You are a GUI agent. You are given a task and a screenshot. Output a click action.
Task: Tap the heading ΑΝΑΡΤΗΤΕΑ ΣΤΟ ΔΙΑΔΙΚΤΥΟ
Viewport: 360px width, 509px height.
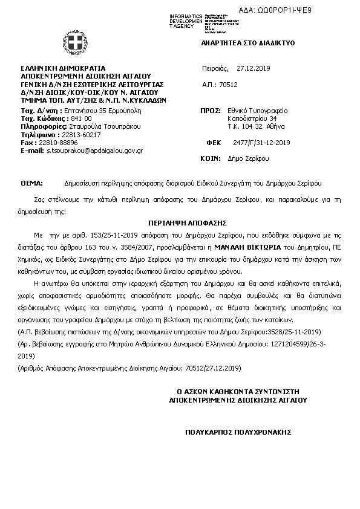tap(247, 44)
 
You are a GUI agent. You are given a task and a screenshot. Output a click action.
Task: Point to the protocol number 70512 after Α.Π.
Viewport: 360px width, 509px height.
tap(228, 85)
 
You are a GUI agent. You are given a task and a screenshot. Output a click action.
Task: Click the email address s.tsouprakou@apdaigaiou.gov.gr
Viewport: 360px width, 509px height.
tap(94, 150)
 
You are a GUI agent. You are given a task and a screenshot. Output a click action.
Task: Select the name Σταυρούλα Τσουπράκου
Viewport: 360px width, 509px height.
tap(102, 126)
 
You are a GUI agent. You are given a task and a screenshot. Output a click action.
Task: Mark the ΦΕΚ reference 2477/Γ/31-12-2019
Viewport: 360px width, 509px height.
tap(262, 143)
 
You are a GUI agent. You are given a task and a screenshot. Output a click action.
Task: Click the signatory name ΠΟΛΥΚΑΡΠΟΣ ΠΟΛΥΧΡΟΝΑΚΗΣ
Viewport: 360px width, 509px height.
tap(238, 432)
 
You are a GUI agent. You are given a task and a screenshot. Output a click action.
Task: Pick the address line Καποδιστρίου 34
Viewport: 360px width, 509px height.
tap(252, 119)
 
